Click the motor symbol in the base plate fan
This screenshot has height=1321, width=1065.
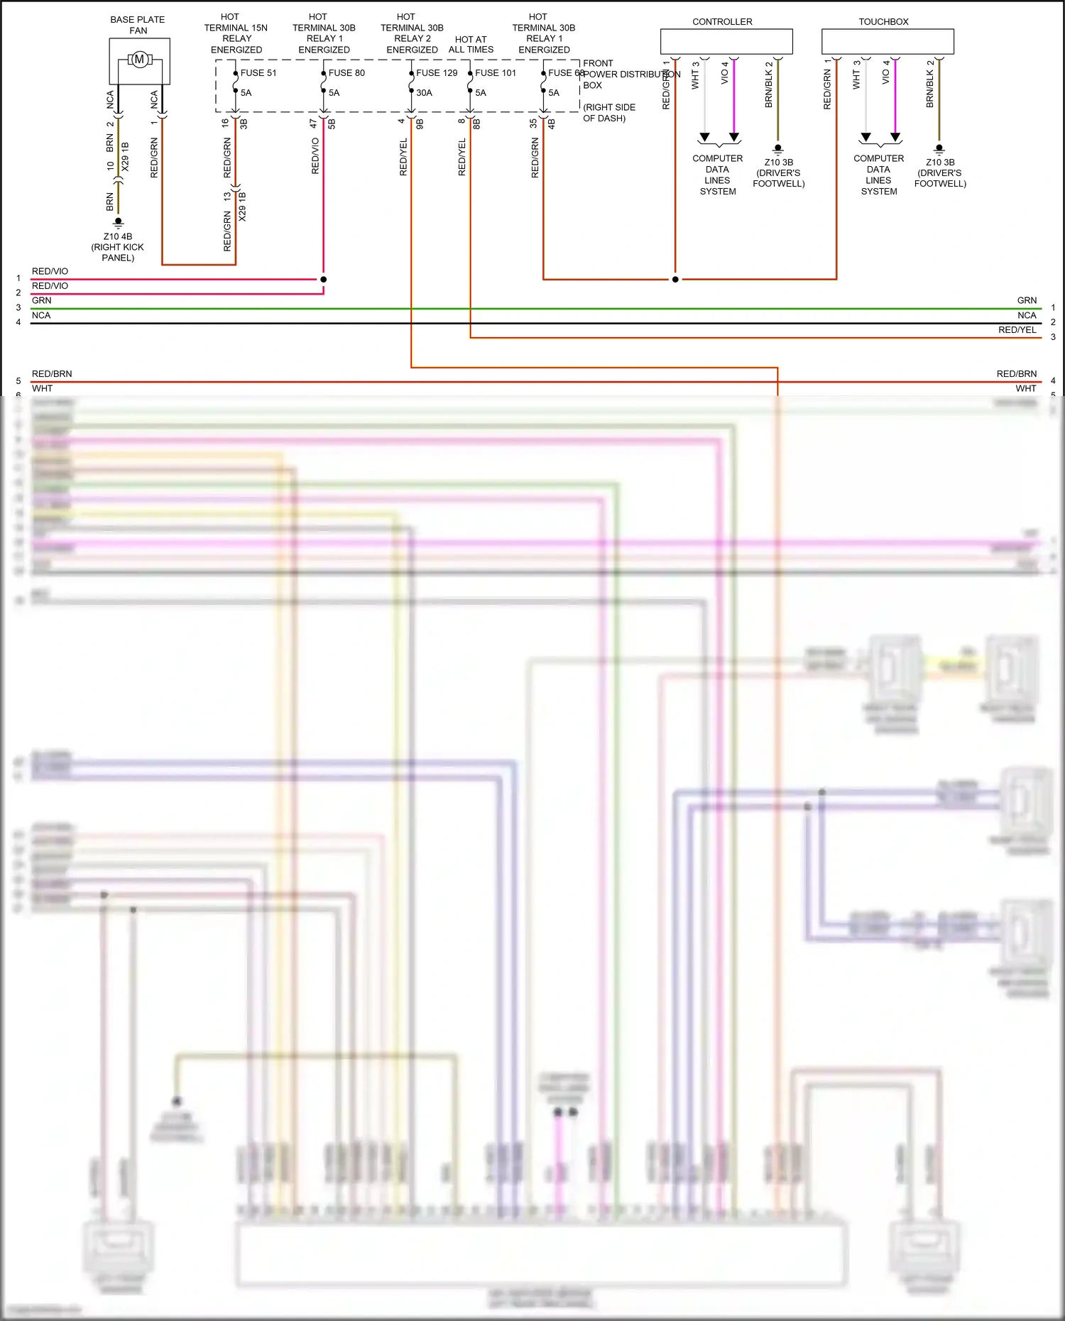139,60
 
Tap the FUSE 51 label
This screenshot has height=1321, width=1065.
258,73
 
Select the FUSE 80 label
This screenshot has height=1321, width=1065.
346,73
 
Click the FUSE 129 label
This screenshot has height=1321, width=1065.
437,73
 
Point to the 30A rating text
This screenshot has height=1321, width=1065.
424,93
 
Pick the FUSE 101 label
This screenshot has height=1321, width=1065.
496,73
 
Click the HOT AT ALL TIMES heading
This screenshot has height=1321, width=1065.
471,45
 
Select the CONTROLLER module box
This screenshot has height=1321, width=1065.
726,41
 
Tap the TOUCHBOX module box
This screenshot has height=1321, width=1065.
887,41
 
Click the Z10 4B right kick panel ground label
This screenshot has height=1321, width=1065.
118,247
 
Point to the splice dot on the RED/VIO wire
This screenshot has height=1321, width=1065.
323,279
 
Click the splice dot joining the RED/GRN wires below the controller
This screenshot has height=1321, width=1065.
675,279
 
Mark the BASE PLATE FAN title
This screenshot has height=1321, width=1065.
138,25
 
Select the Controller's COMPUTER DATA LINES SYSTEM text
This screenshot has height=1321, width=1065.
717,175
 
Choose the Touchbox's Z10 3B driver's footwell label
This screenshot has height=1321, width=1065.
939,172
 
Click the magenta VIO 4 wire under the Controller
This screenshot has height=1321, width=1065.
734,99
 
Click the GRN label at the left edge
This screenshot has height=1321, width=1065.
41,300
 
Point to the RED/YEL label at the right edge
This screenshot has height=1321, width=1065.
1017,329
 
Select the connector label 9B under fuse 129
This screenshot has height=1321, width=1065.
420,124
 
